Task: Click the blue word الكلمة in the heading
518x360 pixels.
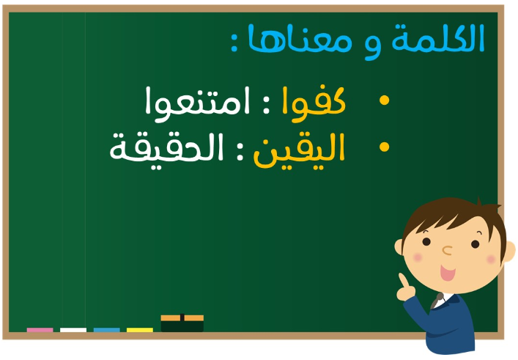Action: pos(437,38)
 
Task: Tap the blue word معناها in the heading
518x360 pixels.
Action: pos(300,38)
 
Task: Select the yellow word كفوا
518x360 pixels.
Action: pos(314,102)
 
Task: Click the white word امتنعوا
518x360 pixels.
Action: pos(198,102)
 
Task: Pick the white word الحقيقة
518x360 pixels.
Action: pos(166,150)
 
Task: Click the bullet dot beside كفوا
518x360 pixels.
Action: pos(384,100)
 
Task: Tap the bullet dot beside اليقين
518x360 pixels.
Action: pos(384,147)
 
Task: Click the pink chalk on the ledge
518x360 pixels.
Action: pos(40,330)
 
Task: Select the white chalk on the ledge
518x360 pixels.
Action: pos(73,330)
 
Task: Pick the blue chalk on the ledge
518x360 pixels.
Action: pos(107,330)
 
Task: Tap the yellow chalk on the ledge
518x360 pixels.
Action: pos(140,330)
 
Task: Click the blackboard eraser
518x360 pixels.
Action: pos(182,323)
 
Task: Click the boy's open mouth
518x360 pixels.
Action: pos(448,273)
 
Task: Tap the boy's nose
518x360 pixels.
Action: pos(447,250)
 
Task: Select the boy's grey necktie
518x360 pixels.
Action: pos(437,300)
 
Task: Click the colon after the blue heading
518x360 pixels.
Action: pos(234,43)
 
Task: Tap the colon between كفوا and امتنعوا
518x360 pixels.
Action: pos(266,104)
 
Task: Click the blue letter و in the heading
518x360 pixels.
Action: pos(373,46)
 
